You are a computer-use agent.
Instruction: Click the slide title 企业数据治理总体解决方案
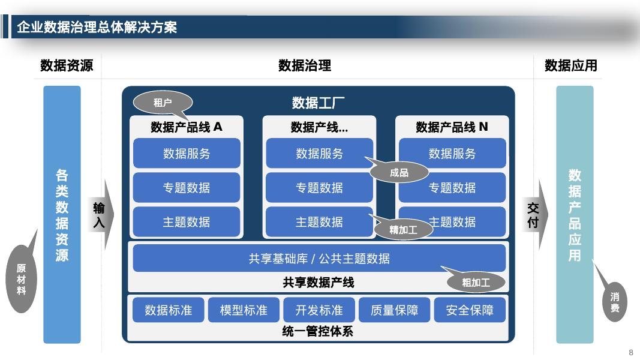coord(97,28)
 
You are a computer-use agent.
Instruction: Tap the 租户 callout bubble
coord(163,103)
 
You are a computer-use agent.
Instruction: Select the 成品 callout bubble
coord(399,173)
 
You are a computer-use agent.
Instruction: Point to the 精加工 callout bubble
coord(403,229)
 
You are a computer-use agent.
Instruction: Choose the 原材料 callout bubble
coord(21,279)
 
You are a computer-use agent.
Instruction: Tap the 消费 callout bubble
coord(615,302)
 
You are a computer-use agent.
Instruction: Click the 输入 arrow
coord(100,215)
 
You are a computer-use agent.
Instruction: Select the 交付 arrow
coord(533,215)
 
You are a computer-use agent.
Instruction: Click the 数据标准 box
coord(169,310)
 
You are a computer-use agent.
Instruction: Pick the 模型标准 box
coord(244,310)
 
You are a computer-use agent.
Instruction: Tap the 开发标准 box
coord(319,310)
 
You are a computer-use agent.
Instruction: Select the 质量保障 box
coord(394,310)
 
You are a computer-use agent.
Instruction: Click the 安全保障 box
coord(470,310)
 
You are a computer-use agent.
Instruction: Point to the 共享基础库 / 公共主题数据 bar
coord(319,259)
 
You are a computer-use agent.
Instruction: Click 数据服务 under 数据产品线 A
coord(187,154)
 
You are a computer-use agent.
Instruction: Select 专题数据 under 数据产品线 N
coord(452,188)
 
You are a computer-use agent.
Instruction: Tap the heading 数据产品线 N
coord(452,127)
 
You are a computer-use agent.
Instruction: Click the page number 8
coord(630,352)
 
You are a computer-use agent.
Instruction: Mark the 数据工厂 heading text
coord(319,103)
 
